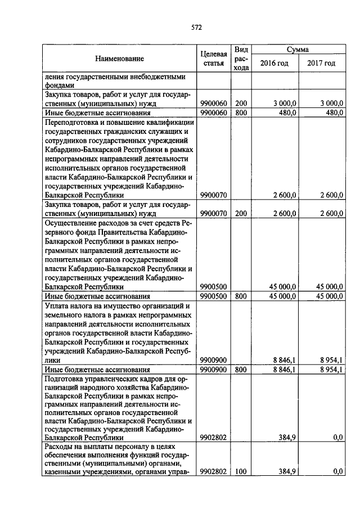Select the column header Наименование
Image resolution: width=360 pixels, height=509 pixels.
(x=119, y=58)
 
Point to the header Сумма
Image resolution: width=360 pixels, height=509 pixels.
(x=297, y=49)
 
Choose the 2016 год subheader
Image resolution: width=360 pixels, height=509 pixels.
(x=274, y=64)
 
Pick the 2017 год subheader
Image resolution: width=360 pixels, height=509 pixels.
(x=321, y=64)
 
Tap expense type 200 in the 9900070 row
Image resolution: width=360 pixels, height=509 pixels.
(x=241, y=213)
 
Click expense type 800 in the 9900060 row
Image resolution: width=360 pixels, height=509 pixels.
(x=241, y=112)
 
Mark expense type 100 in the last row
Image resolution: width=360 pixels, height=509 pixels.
(x=241, y=472)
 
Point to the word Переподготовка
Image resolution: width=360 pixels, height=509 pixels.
(x=70, y=122)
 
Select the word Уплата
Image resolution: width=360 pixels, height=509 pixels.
(x=55, y=305)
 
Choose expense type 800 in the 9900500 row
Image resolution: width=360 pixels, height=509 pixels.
(x=241, y=295)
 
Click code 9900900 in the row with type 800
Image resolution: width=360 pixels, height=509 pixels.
(x=214, y=370)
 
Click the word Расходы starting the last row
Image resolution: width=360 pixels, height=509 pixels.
(x=57, y=445)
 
